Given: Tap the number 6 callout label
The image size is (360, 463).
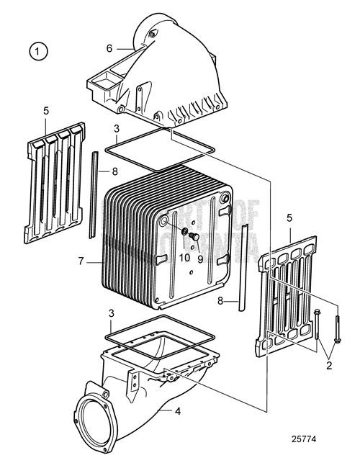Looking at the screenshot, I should (109, 48).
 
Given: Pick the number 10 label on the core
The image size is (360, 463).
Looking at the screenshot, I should (184, 257).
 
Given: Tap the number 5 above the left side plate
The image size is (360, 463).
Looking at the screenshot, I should (45, 112).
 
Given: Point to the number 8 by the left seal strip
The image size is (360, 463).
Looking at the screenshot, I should (114, 171).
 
